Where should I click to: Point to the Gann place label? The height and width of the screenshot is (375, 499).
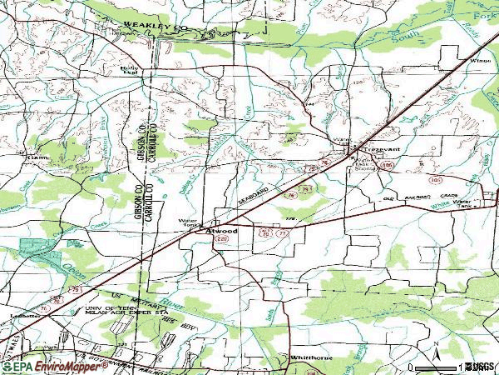point(37,156)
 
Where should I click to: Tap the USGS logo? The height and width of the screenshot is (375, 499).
point(479,366)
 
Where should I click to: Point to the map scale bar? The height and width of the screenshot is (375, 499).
point(436,367)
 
